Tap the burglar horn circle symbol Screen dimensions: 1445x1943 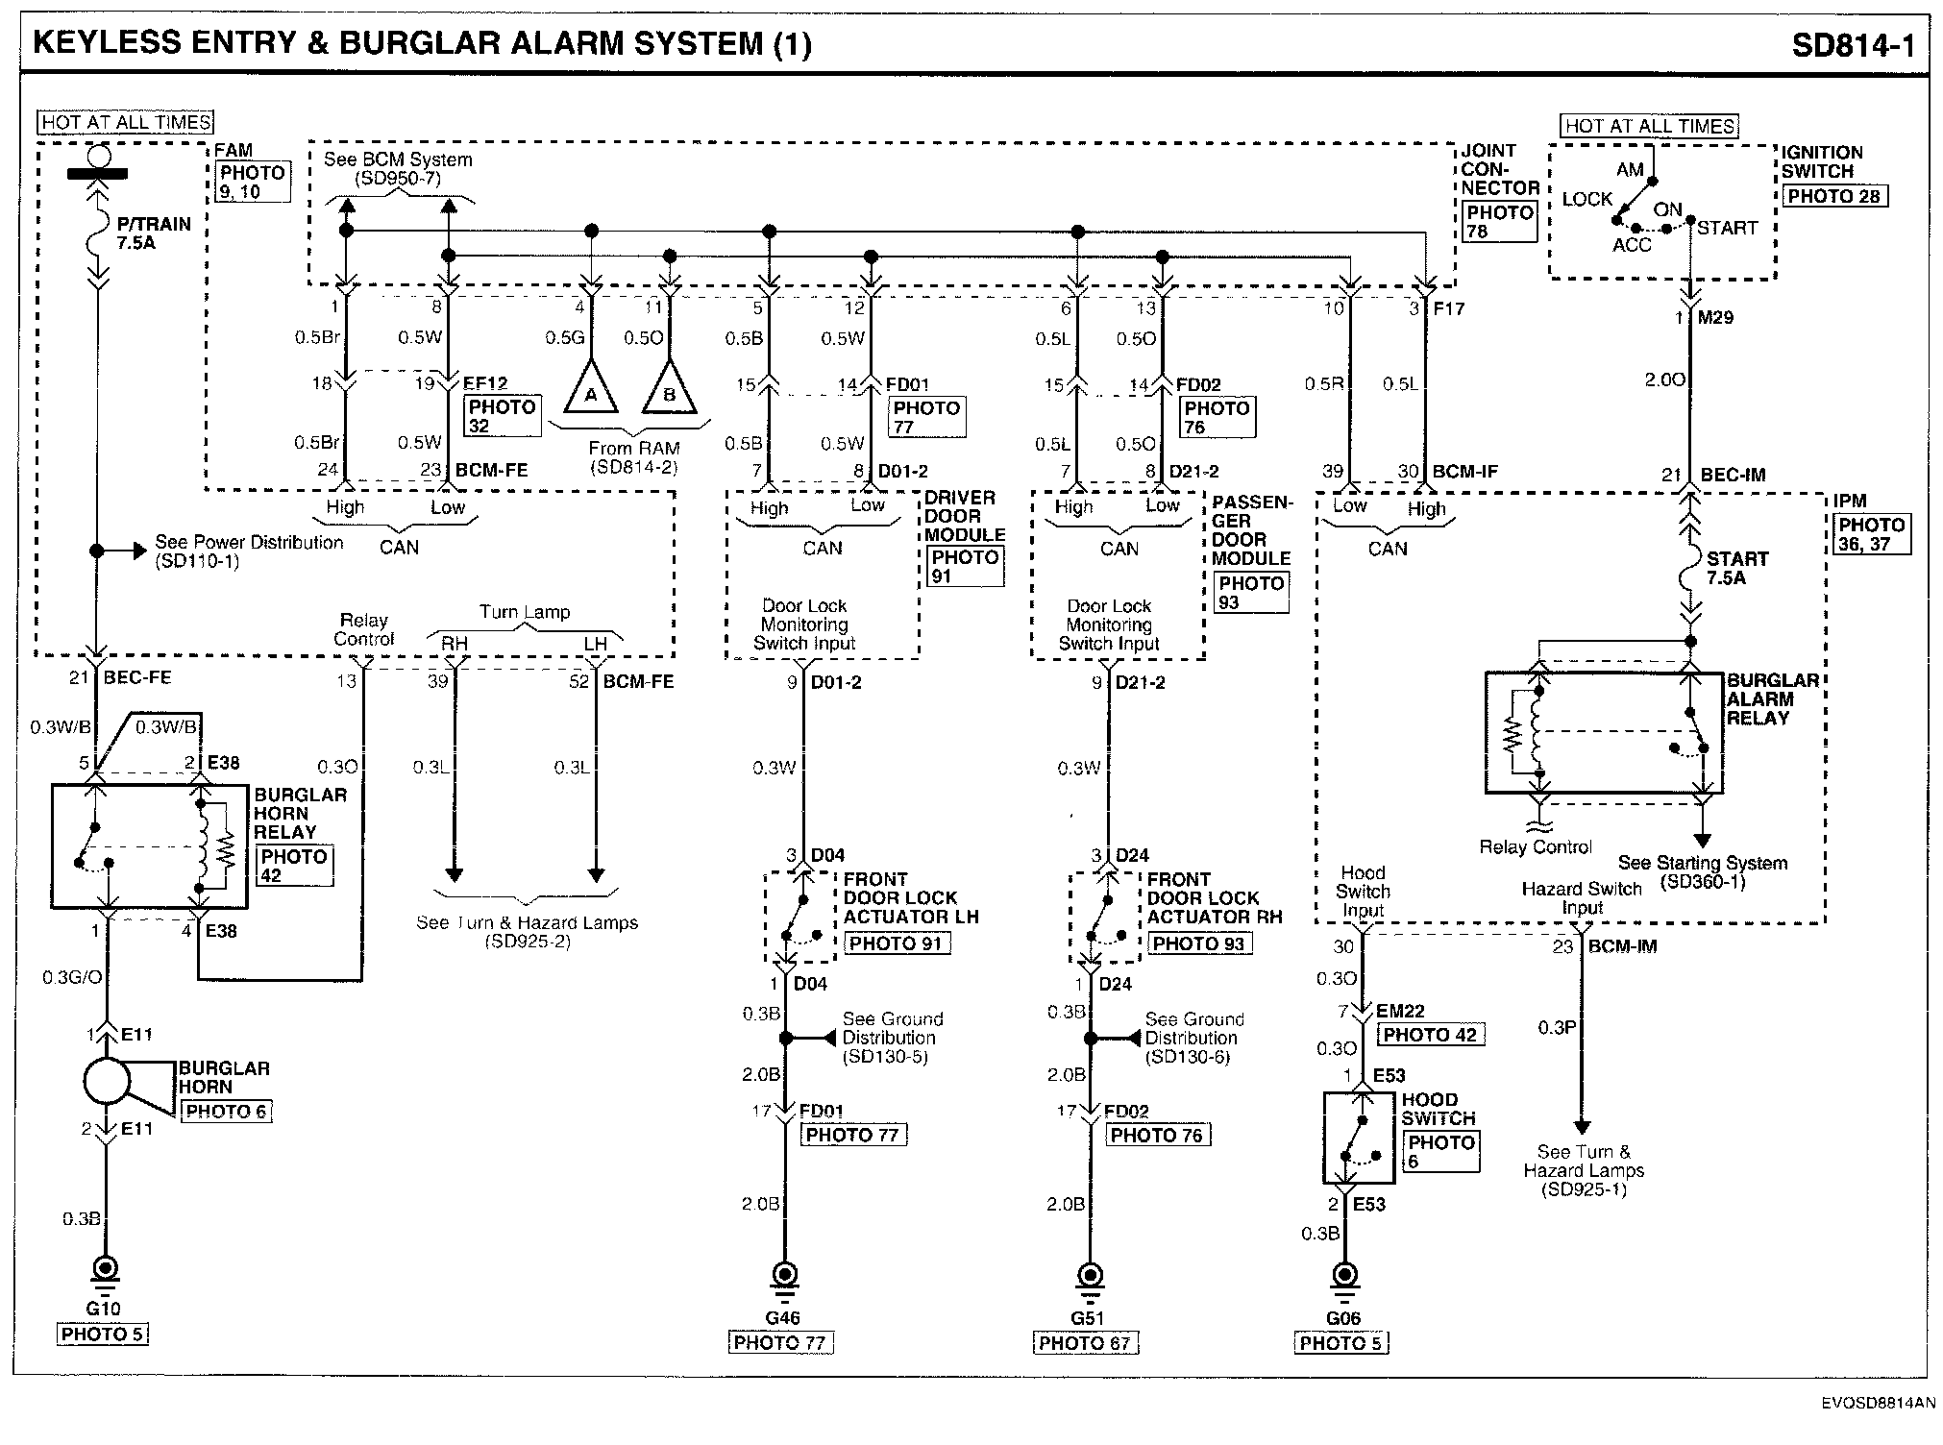point(107,1082)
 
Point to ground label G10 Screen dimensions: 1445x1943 point(103,1308)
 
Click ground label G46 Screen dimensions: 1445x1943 point(782,1317)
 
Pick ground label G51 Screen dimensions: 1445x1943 point(1088,1317)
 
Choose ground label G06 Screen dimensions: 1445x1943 point(1342,1317)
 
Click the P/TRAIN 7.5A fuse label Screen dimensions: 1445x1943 point(154,233)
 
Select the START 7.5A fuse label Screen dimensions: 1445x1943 point(1736,568)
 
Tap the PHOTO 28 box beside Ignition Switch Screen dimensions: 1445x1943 point(1834,196)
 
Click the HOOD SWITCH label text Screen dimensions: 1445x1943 point(1438,1109)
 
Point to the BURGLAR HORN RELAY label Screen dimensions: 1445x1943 point(300,813)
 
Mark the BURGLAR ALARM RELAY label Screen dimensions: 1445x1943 point(1773,698)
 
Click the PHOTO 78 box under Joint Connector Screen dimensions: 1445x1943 point(1498,221)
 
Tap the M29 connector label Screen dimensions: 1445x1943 point(1714,317)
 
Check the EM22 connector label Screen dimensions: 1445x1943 point(1399,1011)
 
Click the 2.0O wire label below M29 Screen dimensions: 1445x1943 point(1664,380)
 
